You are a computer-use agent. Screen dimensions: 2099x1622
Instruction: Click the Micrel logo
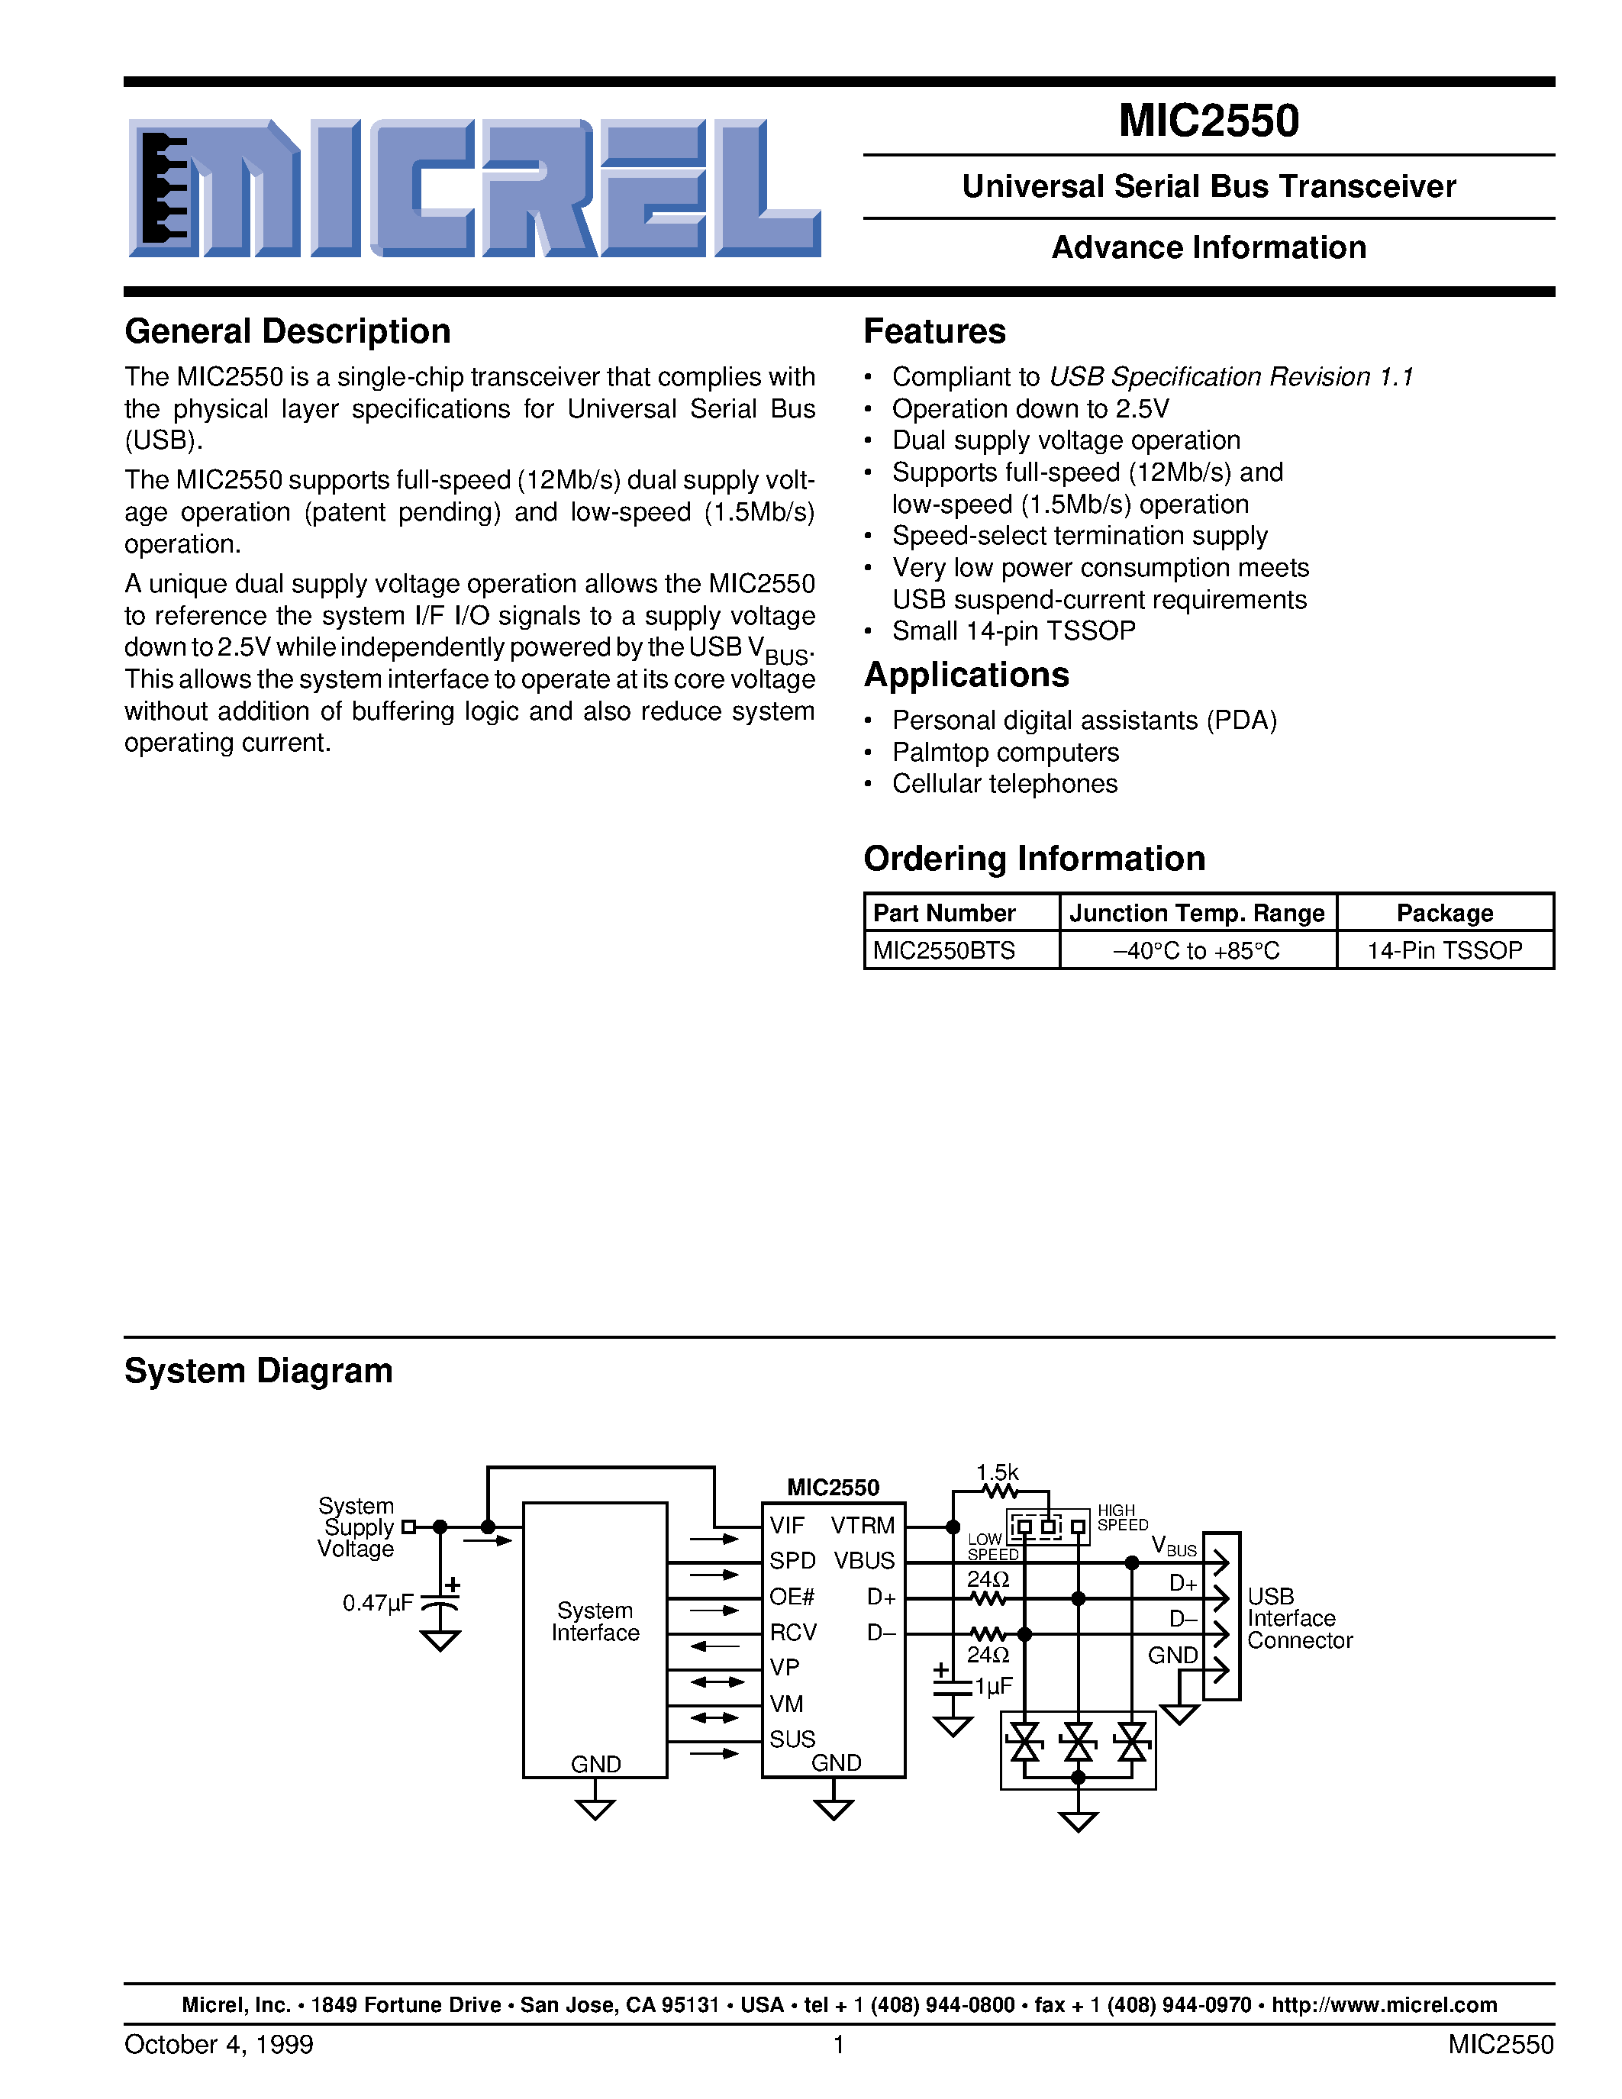click(x=474, y=189)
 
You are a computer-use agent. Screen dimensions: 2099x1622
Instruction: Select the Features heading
click(x=934, y=331)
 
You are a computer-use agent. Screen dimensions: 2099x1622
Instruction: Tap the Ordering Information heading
click(x=1034, y=858)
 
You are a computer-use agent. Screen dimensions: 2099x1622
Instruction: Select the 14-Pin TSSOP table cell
click(x=1444, y=950)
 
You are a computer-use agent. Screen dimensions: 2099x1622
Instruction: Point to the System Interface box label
click(x=595, y=1621)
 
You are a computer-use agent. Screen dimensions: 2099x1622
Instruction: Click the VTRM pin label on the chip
click(x=862, y=1525)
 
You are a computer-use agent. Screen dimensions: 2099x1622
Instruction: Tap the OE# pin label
click(x=792, y=1596)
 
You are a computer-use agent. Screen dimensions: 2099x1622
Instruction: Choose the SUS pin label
click(x=792, y=1739)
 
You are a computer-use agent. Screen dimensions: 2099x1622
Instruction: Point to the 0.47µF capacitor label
click(x=378, y=1603)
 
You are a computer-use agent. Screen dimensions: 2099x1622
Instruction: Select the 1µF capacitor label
click(x=994, y=1687)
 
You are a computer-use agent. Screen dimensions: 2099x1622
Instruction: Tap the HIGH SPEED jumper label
click(x=1122, y=1517)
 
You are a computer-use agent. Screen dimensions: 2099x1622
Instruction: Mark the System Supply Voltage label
click(x=356, y=1527)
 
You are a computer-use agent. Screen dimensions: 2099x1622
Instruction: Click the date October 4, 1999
click(x=219, y=2044)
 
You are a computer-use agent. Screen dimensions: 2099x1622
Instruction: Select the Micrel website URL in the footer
click(x=1384, y=2005)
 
